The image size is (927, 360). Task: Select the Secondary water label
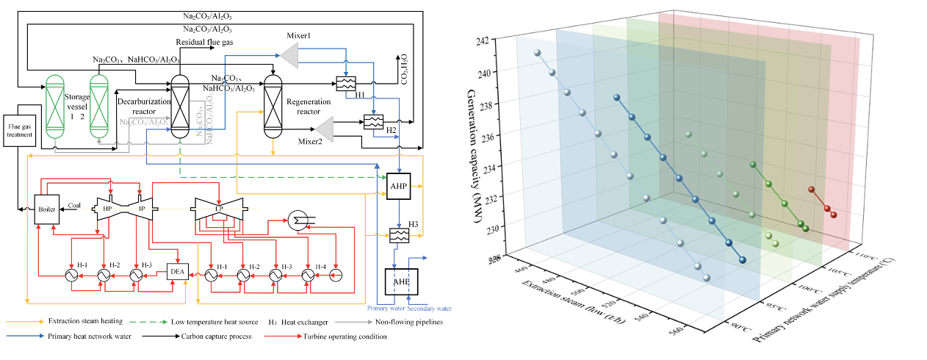(x=426, y=309)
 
